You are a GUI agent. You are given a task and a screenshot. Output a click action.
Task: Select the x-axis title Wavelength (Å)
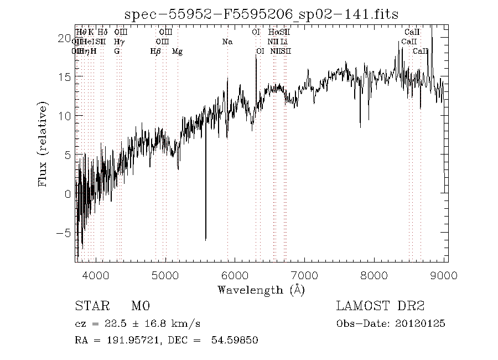[261, 289]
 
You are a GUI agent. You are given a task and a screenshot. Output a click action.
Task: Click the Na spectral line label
[227, 42]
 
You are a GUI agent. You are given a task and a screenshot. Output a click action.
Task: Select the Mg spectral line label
[177, 51]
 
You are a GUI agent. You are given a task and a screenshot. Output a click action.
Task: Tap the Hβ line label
[155, 51]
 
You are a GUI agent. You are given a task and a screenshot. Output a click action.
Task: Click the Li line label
[284, 42]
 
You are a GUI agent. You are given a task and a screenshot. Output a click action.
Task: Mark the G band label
[117, 51]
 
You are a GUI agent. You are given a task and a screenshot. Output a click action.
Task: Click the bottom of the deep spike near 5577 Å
[206, 239]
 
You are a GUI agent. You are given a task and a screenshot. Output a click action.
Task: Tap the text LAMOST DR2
[380, 306]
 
